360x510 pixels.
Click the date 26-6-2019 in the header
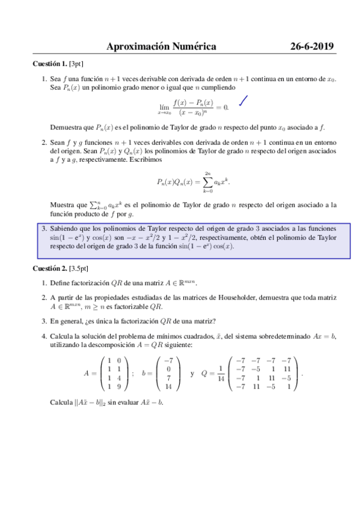312,46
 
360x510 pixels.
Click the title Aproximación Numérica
160,46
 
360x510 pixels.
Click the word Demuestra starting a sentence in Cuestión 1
67,127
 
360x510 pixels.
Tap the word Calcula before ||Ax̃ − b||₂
63,402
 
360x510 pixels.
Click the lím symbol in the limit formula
163,105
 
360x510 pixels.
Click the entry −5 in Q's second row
255,369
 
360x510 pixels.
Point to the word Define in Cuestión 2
61,283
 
